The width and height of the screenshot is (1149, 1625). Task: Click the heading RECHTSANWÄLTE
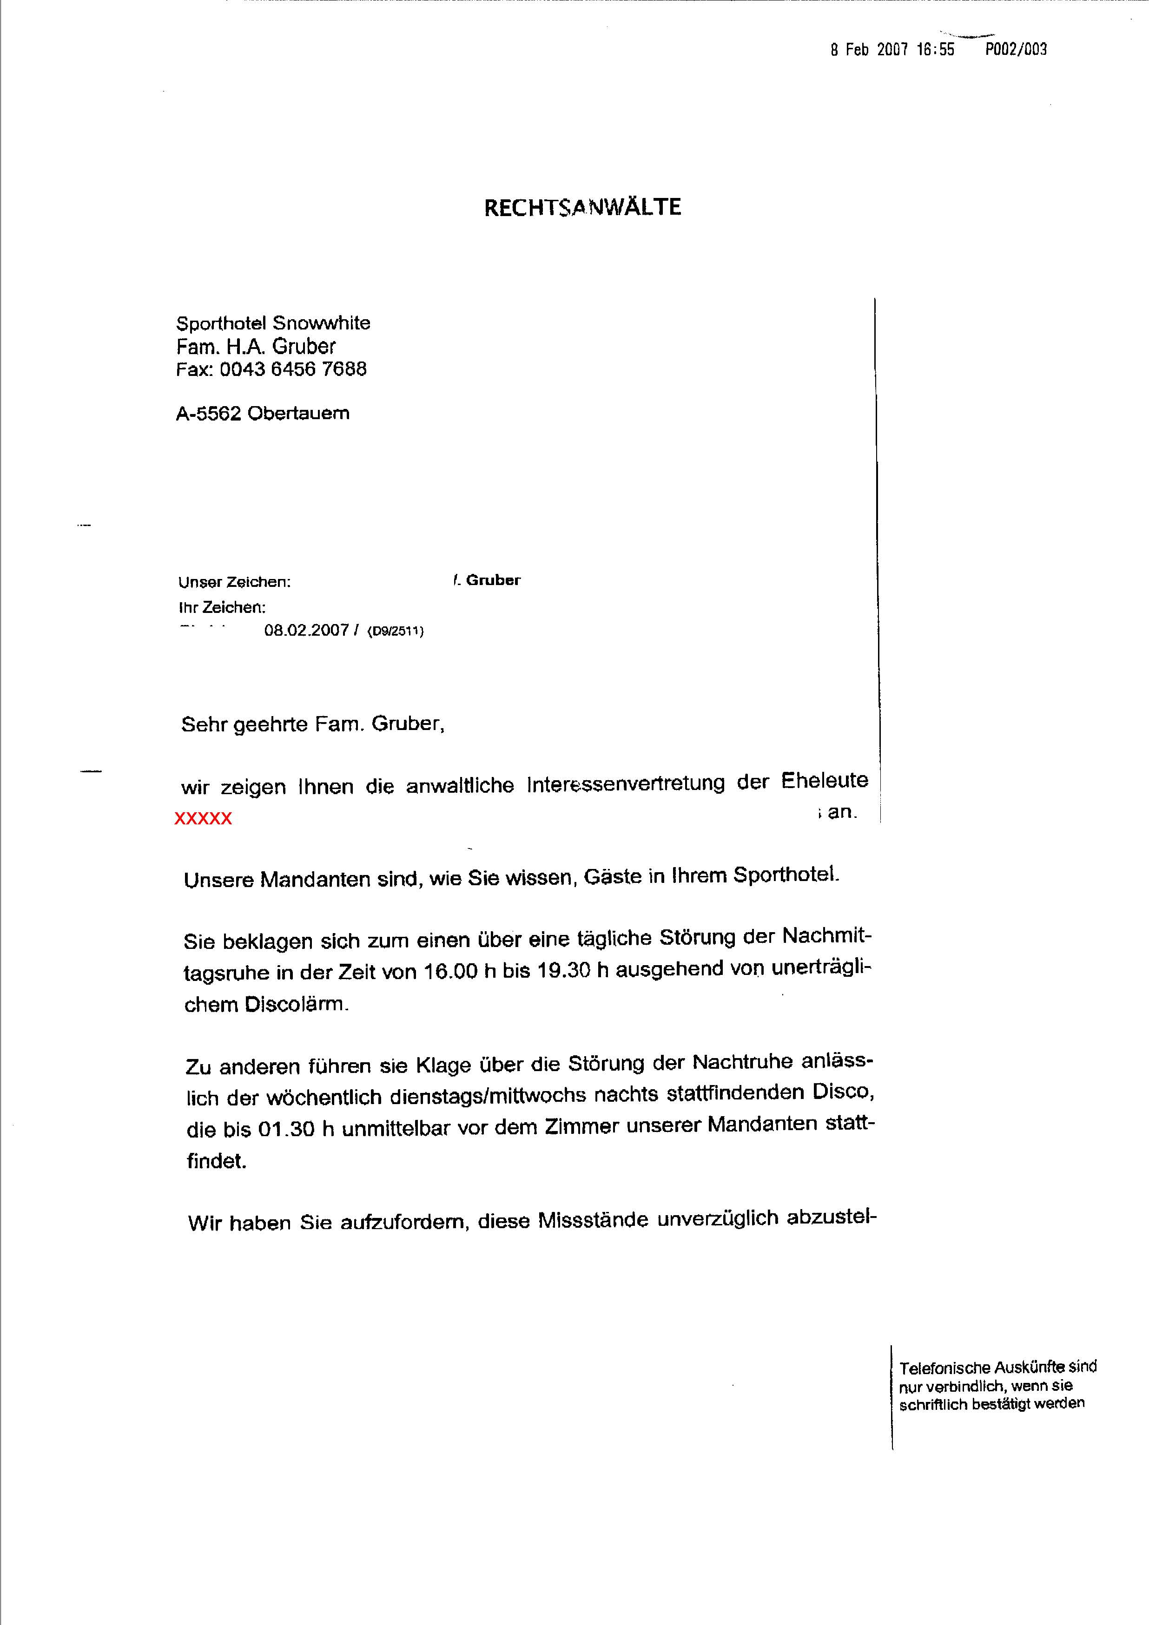pos(582,207)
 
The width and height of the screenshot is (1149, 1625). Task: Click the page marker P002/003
pos(1016,50)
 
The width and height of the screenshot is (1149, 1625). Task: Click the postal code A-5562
pos(209,413)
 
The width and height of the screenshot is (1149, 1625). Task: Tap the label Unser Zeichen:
pos(234,582)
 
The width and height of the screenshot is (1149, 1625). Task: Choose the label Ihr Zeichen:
pos(222,607)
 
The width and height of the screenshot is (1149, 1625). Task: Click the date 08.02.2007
pos(306,630)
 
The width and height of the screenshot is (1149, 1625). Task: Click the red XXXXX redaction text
pos(203,819)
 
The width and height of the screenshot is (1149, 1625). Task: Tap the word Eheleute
pos(824,781)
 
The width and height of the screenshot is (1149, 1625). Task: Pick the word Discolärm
pos(296,1004)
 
